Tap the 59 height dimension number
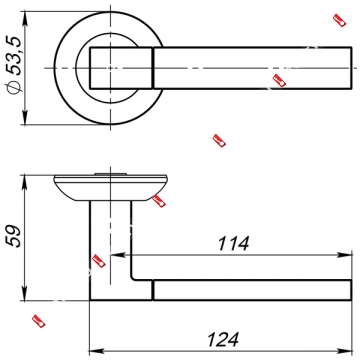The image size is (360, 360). [x=15, y=236]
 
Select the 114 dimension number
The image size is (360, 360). [x=233, y=244]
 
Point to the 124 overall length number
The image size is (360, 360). [x=223, y=340]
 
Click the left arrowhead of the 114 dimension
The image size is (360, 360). [x=118, y=255]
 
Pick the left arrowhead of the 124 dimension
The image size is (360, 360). [x=97, y=351]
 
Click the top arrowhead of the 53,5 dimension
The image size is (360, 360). [x=24, y=19]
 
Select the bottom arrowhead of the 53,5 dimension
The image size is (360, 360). [x=24, y=117]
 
